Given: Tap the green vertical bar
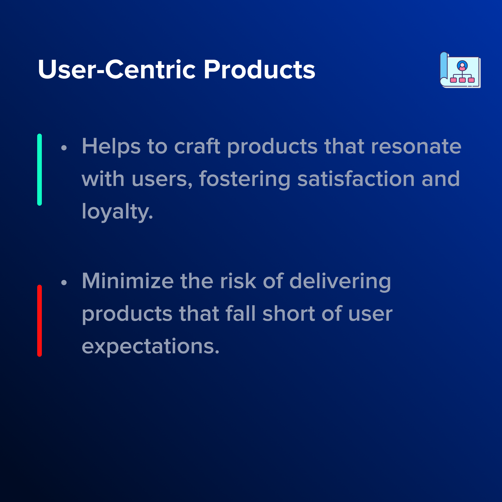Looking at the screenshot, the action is point(40,170).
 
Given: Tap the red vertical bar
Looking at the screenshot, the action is point(40,321).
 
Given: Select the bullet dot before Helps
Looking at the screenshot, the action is point(64,148).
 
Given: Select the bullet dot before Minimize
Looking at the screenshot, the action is point(64,282).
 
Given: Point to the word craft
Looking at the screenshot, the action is point(197,146).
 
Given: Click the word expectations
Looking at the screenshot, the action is point(151,347).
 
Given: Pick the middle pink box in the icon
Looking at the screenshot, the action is point(462,80).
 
